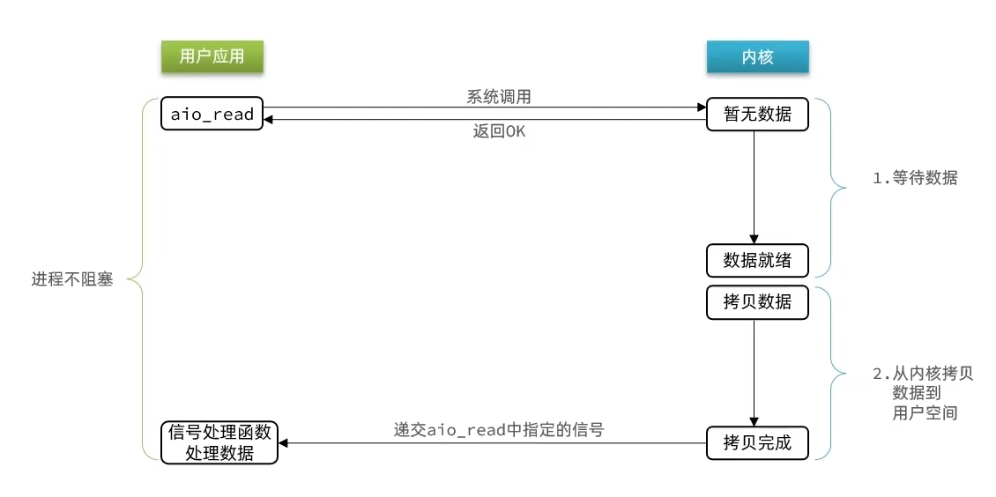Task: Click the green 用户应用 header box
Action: pyautogui.click(x=212, y=57)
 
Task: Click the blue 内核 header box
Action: pyautogui.click(x=757, y=57)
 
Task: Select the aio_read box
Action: pyautogui.click(x=212, y=114)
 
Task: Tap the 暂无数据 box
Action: pyautogui.click(x=757, y=114)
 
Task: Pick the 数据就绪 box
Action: pyautogui.click(x=757, y=260)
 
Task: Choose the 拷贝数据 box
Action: pyautogui.click(x=757, y=301)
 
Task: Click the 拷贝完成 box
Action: pyautogui.click(x=757, y=442)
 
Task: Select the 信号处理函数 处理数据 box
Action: pyautogui.click(x=219, y=442)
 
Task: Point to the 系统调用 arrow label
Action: pyautogui.click(x=498, y=97)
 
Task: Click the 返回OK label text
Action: pyautogui.click(x=499, y=132)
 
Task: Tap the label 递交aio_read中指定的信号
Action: pyautogui.click(x=498, y=430)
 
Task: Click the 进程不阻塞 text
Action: pyautogui.click(x=72, y=282)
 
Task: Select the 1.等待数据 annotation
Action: pyautogui.click(x=914, y=178)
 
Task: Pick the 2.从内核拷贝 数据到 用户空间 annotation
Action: pyautogui.click(x=922, y=393)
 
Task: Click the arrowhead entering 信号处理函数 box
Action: pyautogui.click(x=284, y=443)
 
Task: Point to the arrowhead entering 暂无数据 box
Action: pyautogui.click(x=702, y=108)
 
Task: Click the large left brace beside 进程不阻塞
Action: pyautogui.click(x=141, y=280)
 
